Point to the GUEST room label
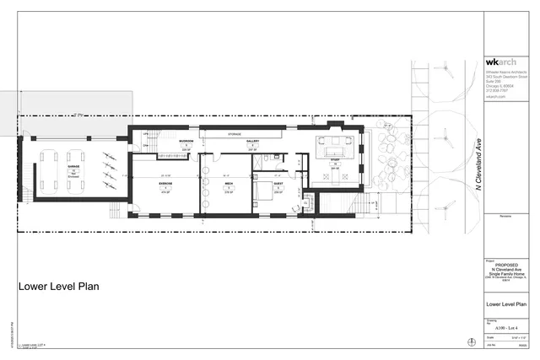(278, 183)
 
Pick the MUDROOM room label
(186, 142)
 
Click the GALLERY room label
(252, 142)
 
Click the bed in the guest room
(271, 196)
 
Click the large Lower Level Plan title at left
(59, 287)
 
